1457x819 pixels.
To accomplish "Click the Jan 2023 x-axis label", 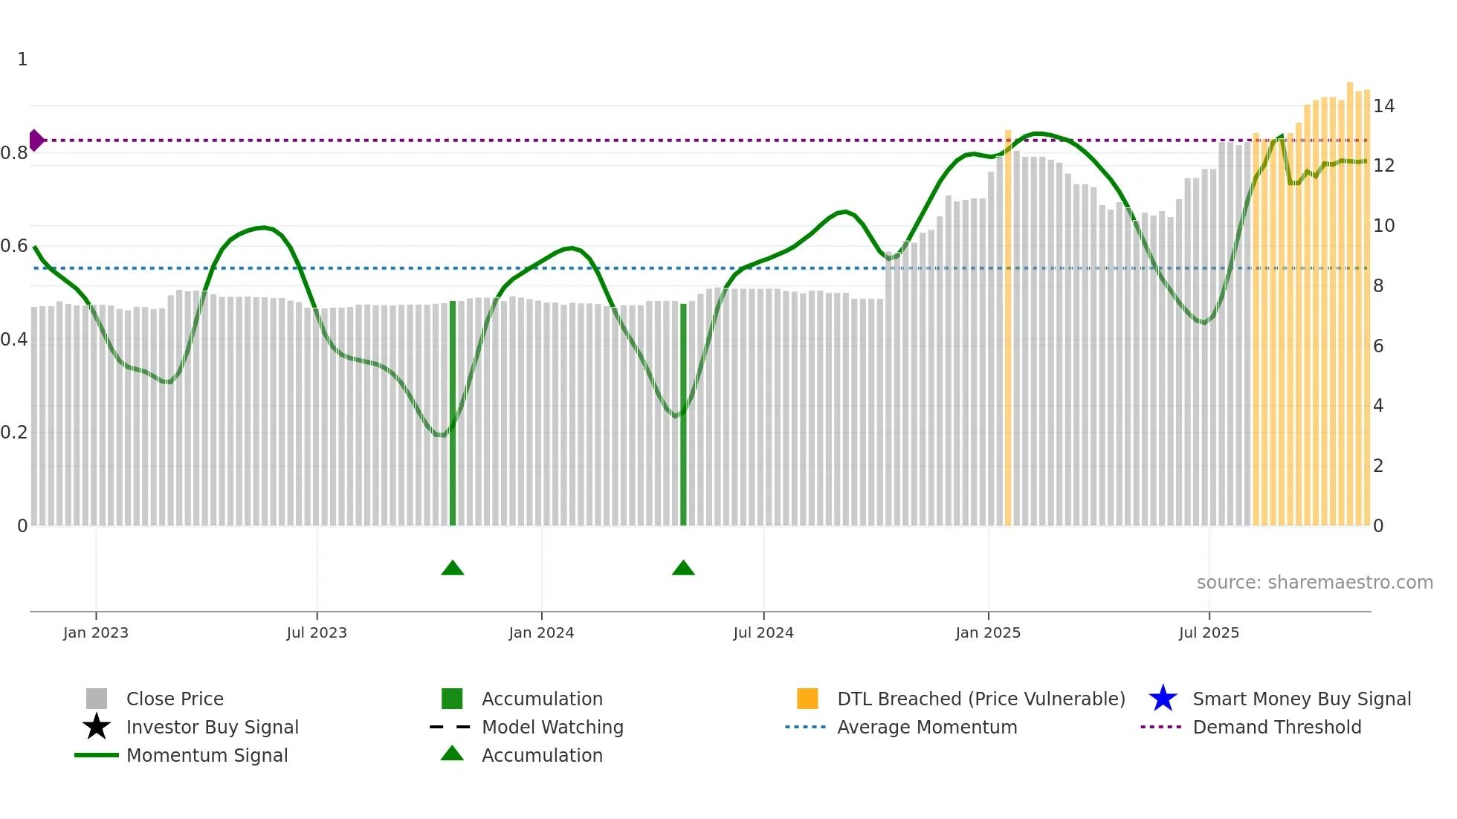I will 95,632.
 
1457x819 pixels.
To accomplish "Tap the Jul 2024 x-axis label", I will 763,632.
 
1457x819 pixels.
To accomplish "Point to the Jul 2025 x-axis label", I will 1209,632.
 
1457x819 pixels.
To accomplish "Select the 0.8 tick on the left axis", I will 14,153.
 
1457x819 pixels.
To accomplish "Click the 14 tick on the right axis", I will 1383,106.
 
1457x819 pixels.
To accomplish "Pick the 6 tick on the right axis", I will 1378,346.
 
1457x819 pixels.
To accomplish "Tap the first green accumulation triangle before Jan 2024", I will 452,569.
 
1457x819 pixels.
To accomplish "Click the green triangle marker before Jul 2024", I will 682,569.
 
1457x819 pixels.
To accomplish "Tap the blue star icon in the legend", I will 1163,699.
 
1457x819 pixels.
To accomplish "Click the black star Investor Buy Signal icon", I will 97,727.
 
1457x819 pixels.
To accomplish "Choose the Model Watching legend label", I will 552,727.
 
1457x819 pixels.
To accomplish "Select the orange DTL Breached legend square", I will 807,699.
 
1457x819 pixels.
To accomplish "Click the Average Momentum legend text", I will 927,727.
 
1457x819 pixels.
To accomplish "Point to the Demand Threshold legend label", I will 1276,727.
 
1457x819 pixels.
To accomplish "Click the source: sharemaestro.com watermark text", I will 1314,583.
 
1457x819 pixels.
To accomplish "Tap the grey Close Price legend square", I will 97,699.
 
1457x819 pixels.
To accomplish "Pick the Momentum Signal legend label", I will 207,755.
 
